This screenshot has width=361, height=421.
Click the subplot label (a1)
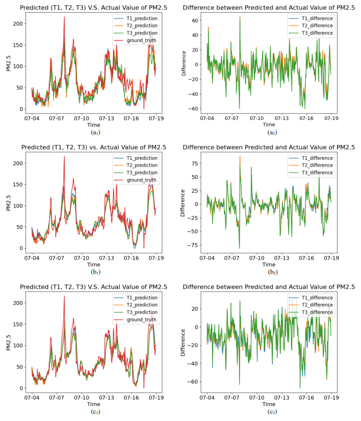click(94, 132)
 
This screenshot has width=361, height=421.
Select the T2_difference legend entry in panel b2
click(315, 165)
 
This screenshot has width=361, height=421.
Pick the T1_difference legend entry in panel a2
click(315, 18)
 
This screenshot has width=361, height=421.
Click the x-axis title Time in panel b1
click(93, 264)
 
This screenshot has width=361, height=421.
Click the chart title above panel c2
click(269, 287)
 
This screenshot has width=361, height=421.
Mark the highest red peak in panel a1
click(65, 16)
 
